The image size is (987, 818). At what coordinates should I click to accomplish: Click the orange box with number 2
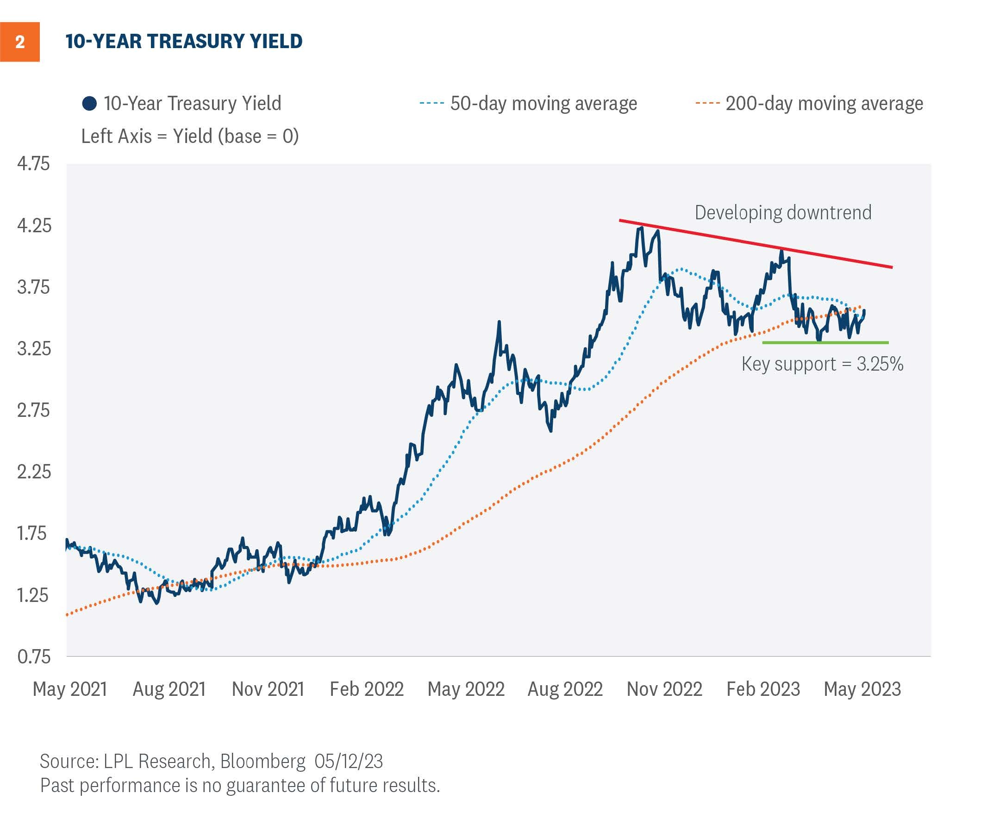coord(20,42)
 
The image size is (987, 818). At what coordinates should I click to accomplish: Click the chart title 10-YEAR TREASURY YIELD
coord(184,41)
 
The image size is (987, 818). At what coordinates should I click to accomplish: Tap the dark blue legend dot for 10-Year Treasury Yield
coord(89,104)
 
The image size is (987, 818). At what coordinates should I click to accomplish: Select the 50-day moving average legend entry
coord(528,103)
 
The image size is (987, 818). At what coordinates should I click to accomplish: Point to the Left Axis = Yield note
coord(190,136)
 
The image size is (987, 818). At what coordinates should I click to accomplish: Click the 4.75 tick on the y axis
coord(33,163)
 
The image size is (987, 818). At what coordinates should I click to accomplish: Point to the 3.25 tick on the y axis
coord(33,349)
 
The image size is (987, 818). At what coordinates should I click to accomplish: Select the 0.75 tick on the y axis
coord(33,657)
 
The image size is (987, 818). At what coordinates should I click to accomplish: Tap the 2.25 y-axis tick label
coord(33,472)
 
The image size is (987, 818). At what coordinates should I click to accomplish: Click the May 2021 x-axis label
coord(69,689)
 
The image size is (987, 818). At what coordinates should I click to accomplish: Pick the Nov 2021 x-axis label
coord(268,689)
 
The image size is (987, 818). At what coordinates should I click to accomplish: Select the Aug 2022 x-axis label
coord(565,689)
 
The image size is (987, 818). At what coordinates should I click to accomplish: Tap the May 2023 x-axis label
coord(862,689)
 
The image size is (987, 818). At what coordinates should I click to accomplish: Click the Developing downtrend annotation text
coord(783,212)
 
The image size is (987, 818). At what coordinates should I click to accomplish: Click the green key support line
coord(825,342)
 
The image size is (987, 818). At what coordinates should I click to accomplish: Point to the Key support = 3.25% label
coord(822,364)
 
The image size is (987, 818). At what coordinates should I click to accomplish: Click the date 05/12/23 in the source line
coord(349,761)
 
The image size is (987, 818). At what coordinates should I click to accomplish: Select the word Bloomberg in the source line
coord(263,761)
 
